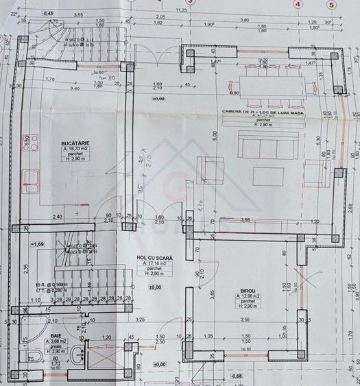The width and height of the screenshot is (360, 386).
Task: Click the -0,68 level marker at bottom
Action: (237, 376)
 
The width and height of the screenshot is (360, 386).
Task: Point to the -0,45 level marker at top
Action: (49, 13)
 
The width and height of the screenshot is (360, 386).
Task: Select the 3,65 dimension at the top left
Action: (78, 14)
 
